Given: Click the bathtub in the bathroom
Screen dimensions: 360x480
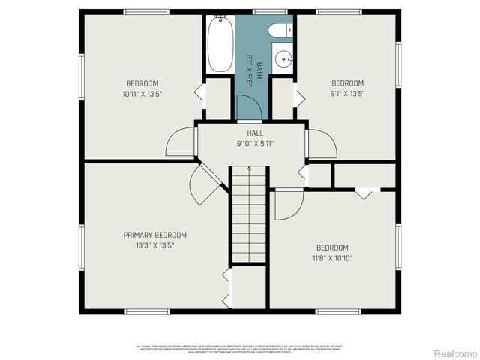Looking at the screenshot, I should click(x=220, y=45).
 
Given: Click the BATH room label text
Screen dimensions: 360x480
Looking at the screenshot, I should click(x=259, y=71).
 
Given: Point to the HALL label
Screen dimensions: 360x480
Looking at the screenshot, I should click(x=250, y=133).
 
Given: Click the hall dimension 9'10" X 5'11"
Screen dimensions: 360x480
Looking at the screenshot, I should click(x=250, y=143).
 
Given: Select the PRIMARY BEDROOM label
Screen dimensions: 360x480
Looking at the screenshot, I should click(x=154, y=235).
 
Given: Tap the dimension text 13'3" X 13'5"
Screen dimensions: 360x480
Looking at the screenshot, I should click(x=154, y=245).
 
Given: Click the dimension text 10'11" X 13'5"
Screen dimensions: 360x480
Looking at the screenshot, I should click(x=142, y=94).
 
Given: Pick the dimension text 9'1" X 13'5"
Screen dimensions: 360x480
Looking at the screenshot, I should click(x=347, y=94).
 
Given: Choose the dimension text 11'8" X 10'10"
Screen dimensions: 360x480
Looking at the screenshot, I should click(x=331, y=258).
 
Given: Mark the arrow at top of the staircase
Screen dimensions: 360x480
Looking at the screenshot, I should click(x=249, y=170).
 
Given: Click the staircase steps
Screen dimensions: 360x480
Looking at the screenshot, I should click(x=249, y=217).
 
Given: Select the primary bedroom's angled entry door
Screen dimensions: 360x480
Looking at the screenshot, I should click(x=204, y=186).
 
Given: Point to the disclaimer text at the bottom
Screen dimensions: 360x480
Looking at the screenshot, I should click(x=240, y=348).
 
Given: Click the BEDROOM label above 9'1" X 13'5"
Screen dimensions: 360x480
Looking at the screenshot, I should click(x=347, y=83).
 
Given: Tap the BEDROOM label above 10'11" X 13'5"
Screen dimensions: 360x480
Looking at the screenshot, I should click(x=142, y=83).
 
